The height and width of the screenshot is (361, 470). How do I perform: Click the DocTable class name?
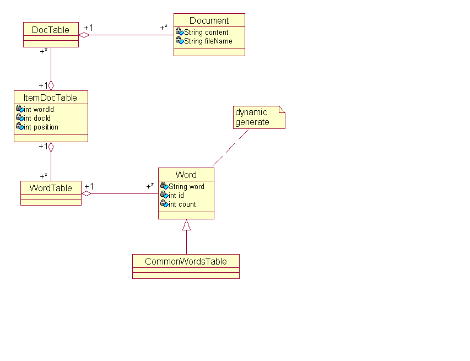(50, 30)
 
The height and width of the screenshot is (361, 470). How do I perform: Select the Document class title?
(209, 20)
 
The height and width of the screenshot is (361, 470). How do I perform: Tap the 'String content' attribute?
(206, 32)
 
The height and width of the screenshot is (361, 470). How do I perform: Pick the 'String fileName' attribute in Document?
(208, 41)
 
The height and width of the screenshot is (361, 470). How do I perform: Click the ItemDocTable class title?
(50, 98)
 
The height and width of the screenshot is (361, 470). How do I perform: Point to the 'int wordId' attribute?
(39, 110)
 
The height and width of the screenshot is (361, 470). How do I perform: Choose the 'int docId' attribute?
(37, 118)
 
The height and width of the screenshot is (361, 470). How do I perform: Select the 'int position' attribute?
(41, 127)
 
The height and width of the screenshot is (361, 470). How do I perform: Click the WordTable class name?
(51, 188)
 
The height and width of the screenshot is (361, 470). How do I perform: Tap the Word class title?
(186, 175)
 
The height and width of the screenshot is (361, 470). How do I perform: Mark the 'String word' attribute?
(186, 186)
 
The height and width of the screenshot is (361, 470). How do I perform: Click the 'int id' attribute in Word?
(176, 196)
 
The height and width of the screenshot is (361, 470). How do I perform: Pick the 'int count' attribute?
(182, 204)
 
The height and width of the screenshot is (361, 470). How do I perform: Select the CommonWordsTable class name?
(186, 261)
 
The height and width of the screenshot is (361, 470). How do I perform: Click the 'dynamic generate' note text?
(252, 117)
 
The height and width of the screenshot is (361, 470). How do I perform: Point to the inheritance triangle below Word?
(186, 225)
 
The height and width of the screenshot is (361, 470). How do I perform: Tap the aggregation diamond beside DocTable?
(84, 35)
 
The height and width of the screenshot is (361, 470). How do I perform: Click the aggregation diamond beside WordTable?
(87, 193)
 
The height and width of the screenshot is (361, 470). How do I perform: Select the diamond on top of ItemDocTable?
(51, 85)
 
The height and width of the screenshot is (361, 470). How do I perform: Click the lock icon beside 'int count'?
(164, 203)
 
